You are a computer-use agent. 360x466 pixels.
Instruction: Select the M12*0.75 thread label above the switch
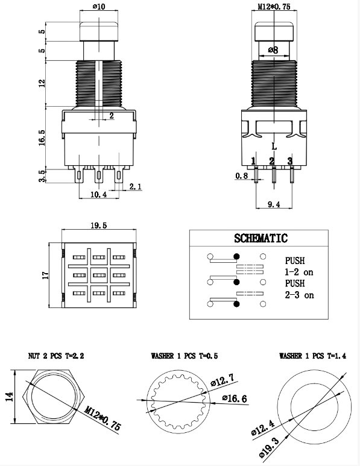274,7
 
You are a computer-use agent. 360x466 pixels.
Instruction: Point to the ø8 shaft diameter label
274,51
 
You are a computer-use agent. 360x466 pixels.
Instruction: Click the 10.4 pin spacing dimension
98,195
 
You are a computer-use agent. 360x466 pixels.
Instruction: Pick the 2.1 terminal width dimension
135,187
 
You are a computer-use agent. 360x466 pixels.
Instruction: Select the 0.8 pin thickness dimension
242,176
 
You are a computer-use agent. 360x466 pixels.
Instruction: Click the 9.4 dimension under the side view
274,205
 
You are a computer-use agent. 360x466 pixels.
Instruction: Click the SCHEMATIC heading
261,238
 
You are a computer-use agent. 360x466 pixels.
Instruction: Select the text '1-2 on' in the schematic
299,272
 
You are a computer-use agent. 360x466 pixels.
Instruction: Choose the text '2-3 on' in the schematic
299,295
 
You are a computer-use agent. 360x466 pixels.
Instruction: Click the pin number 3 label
290,160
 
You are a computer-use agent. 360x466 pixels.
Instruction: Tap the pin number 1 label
254,160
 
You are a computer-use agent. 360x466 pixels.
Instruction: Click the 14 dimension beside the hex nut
8,398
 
